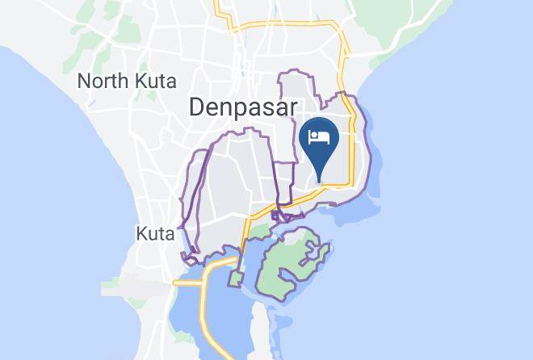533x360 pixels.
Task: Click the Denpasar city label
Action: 243,107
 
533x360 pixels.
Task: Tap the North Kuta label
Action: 126,81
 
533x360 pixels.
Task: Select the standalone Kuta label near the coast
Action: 156,234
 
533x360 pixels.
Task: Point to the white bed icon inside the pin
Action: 319,135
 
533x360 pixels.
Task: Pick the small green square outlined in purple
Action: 235,279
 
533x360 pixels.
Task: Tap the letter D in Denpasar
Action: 196,107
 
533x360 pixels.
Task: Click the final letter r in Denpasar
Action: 293,107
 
